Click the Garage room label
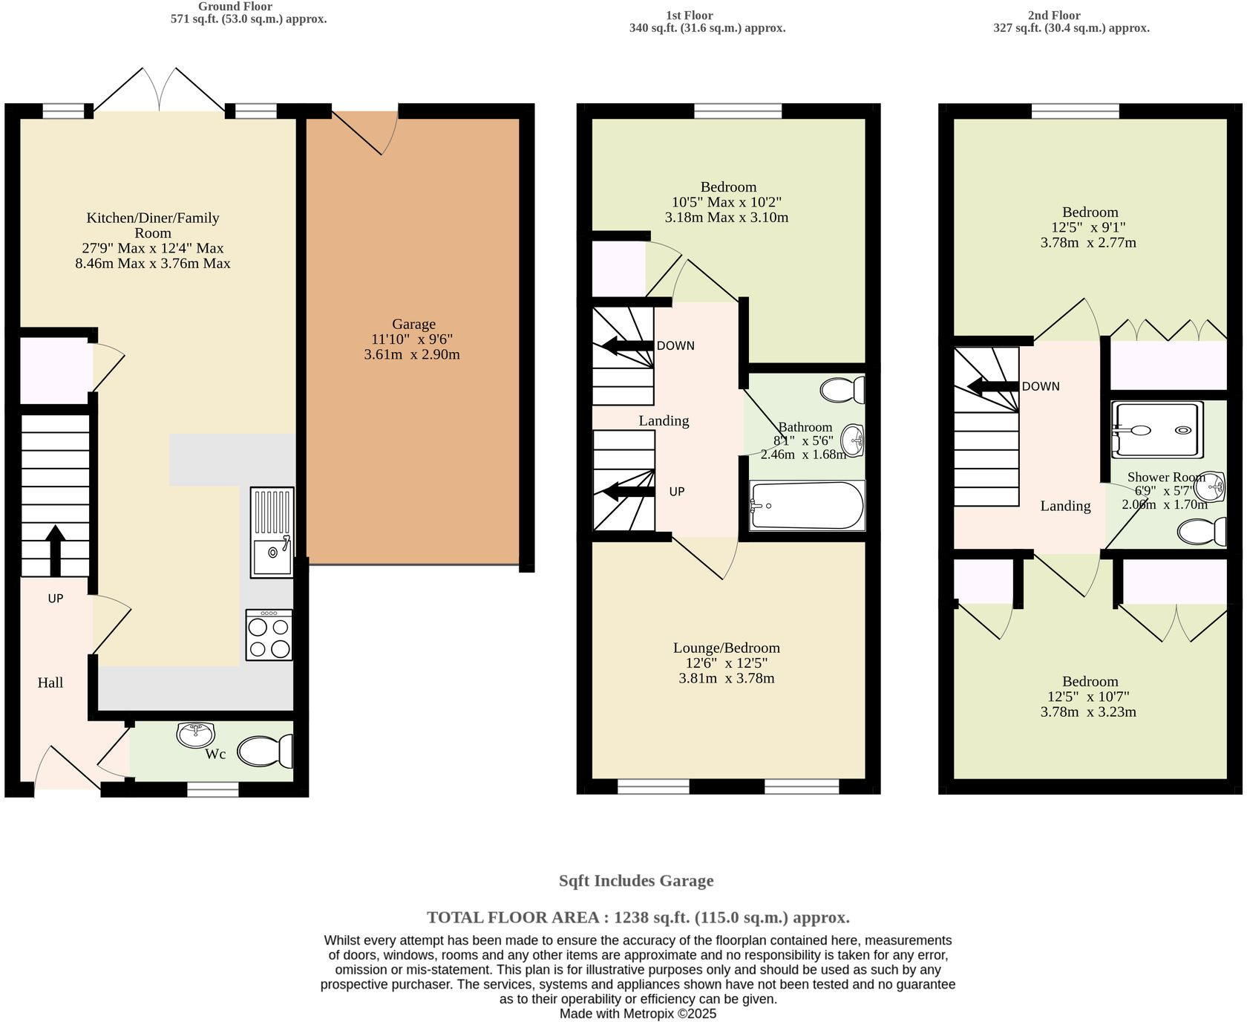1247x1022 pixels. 413,324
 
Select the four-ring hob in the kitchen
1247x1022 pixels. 269,636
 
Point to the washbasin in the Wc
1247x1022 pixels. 195,734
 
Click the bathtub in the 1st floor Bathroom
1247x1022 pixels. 807,506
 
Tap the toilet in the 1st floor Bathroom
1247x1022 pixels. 843,390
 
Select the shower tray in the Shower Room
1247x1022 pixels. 1156,429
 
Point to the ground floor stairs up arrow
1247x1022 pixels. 55,550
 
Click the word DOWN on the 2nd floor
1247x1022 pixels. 1041,386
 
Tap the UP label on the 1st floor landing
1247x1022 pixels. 676,492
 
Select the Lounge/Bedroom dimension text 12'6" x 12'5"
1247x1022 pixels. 726,663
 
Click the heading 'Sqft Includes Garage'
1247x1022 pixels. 636,881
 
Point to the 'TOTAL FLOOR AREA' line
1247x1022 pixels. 638,917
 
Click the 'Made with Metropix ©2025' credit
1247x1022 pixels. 638,1014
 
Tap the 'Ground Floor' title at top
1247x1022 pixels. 235,7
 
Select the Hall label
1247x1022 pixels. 50,683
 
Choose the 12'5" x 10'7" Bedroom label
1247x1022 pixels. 1089,697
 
